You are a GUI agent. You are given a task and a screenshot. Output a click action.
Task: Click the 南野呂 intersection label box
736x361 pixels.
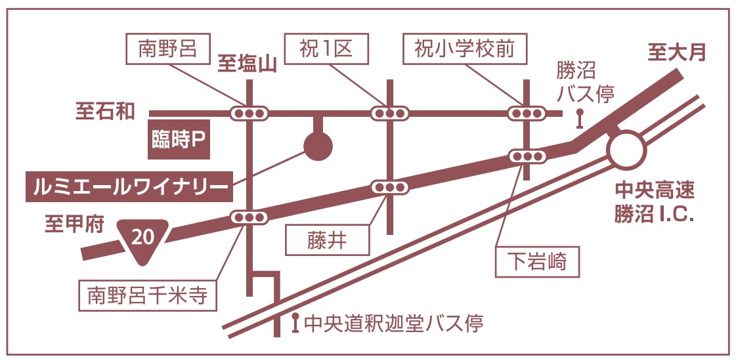tap(167, 50)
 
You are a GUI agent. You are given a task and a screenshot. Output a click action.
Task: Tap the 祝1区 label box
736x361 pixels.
tap(326, 50)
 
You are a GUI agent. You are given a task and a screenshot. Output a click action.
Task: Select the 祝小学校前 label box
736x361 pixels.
tap(464, 50)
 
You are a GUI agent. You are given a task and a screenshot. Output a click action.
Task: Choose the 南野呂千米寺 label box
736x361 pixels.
tap(147, 295)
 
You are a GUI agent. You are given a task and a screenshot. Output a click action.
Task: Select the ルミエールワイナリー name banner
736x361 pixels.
tap(128, 187)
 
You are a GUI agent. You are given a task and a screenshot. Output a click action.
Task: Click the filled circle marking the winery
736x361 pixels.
tap(318, 146)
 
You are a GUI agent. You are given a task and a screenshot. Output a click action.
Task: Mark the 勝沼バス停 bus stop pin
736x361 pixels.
tap(579, 119)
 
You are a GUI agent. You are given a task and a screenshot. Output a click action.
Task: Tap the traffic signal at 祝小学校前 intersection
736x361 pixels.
tap(527, 114)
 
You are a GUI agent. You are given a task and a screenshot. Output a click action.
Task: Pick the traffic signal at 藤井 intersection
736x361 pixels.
tap(389, 187)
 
